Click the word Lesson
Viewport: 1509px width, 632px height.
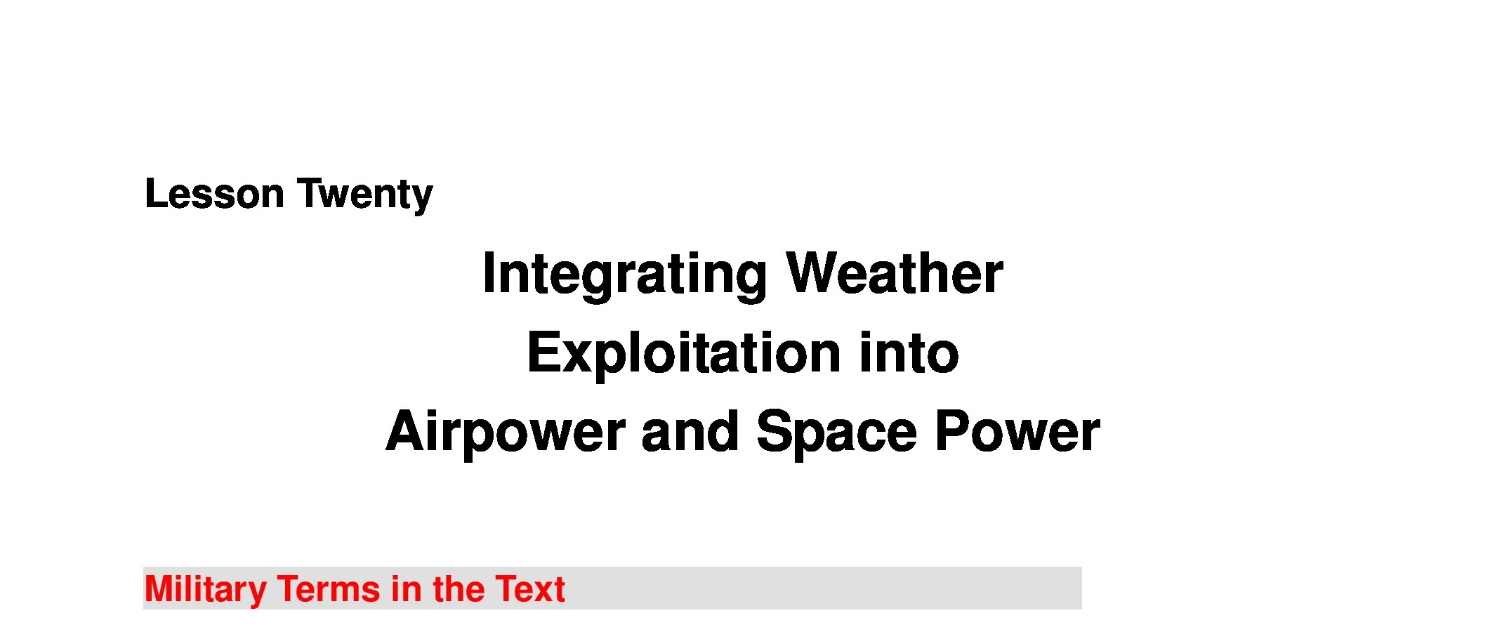click(214, 194)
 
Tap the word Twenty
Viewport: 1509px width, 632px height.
click(365, 196)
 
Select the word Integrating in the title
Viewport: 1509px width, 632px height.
click(625, 275)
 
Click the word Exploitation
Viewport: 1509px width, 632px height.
click(684, 355)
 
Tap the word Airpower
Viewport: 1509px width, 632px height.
click(506, 434)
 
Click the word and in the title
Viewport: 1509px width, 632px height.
click(690, 431)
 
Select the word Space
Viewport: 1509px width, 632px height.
click(836, 434)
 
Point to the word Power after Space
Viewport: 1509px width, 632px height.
click(1017, 431)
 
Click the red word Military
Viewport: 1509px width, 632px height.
click(205, 591)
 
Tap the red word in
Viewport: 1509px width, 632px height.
click(406, 588)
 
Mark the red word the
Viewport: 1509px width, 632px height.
click(458, 588)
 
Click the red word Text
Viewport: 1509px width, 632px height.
click(530, 588)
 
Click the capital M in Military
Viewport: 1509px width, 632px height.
click(159, 588)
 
